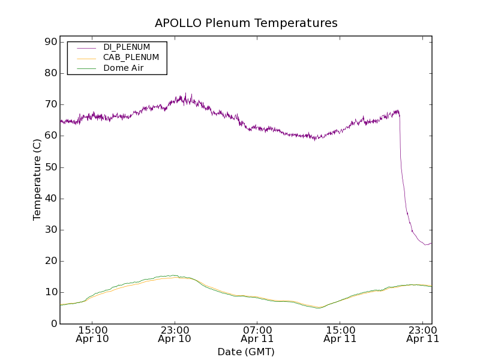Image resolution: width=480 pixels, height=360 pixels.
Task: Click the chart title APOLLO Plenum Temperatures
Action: (246, 23)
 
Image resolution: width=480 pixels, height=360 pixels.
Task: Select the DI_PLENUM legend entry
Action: (127, 47)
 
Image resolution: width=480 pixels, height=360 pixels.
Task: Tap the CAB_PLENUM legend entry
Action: (131, 58)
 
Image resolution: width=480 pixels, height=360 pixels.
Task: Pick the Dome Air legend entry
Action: (124, 68)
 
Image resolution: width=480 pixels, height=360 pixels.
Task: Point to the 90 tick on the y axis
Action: (50, 42)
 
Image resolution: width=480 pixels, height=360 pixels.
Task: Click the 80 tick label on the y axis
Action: (50, 73)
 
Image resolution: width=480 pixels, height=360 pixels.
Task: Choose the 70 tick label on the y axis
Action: (50, 104)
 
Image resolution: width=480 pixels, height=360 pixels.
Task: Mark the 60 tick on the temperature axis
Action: (50, 136)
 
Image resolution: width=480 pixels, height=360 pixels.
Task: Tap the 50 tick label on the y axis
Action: (50, 167)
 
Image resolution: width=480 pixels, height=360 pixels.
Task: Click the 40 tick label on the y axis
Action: (50, 199)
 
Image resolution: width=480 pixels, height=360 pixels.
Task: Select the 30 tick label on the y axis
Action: (50, 230)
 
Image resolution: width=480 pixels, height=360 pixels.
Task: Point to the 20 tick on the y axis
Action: (50, 261)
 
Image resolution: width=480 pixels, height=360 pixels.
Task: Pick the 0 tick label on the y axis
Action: (53, 323)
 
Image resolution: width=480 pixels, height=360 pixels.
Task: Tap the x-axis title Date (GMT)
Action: (246, 352)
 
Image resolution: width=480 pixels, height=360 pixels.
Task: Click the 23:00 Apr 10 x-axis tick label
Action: (175, 334)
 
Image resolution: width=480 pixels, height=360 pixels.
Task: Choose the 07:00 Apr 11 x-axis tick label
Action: (257, 334)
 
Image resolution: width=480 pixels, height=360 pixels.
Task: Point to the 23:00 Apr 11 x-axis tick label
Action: (423, 334)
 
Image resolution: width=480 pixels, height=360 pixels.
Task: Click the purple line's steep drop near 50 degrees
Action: (401, 167)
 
